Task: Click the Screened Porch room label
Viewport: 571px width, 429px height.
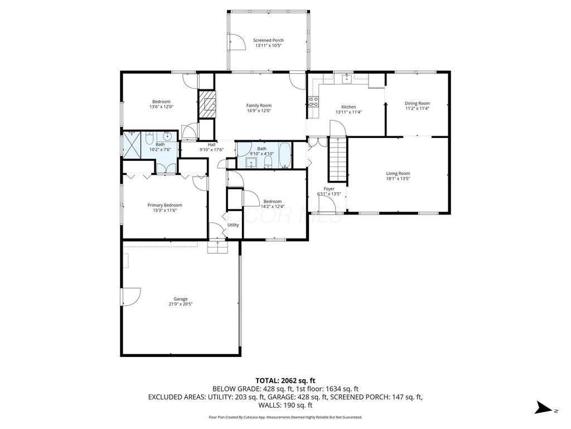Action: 268,40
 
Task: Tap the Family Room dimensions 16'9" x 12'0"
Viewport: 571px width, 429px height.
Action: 259,111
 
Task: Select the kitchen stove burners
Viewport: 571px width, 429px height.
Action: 313,102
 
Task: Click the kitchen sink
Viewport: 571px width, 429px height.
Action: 346,78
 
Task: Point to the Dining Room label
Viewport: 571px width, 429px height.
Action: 417,103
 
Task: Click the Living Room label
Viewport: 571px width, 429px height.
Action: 398,174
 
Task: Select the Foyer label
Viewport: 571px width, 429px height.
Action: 329,189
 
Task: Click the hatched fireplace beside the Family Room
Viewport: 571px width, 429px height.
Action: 207,104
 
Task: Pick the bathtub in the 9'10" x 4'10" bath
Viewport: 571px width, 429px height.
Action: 285,155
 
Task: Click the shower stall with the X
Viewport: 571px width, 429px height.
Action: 132,145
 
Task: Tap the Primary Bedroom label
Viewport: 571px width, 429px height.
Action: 164,205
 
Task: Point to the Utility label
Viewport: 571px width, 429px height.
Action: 233,225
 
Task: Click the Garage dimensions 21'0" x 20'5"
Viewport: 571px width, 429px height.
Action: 180,304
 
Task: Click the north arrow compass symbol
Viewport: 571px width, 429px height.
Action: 545,408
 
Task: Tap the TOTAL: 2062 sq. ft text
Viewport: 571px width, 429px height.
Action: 285,381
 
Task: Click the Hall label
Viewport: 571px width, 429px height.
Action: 211,145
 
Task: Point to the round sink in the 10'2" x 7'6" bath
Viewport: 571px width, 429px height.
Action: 167,136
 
